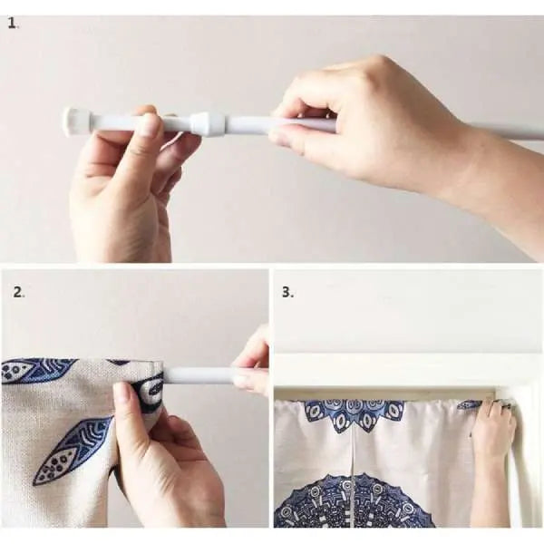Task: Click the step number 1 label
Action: click(13, 24)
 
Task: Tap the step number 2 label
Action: click(18, 293)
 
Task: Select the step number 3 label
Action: click(287, 293)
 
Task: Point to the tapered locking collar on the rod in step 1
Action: click(208, 123)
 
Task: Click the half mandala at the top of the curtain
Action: click(355, 415)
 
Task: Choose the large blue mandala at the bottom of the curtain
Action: click(354, 503)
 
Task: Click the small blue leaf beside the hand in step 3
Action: click(469, 404)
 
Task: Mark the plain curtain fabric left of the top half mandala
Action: click(290, 437)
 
